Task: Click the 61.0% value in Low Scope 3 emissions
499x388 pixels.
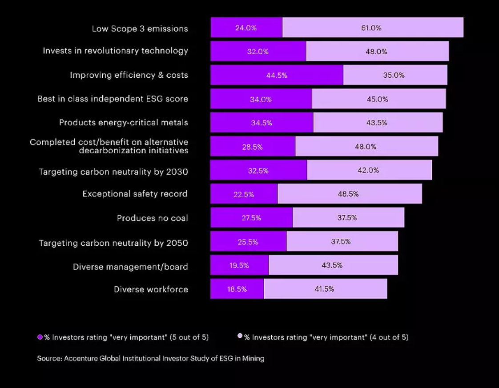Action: [371, 28]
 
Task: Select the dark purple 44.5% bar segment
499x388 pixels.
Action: [277, 75]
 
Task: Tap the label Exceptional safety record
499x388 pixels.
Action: [135, 194]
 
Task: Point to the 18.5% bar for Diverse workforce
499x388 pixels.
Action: [237, 289]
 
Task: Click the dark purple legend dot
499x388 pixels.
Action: [40, 337]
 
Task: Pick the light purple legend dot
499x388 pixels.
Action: [240, 336]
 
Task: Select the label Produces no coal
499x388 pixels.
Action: [152, 218]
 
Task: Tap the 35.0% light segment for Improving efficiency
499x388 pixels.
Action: [394, 75]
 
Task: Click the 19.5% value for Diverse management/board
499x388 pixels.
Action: [239, 265]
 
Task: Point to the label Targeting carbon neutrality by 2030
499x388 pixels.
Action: [113, 172]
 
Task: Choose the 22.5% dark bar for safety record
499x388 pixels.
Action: [244, 194]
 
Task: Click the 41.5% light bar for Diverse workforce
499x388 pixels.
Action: [325, 289]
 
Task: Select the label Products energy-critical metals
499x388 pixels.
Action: [124, 123]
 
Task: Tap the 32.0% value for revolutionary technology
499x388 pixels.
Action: [258, 52]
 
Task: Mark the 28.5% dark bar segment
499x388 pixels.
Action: [252, 147]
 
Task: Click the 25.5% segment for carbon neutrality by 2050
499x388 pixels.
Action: [248, 242]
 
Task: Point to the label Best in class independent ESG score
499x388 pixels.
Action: [113, 99]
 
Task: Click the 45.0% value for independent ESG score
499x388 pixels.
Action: [377, 99]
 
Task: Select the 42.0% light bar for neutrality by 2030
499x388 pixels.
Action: [369, 170]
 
